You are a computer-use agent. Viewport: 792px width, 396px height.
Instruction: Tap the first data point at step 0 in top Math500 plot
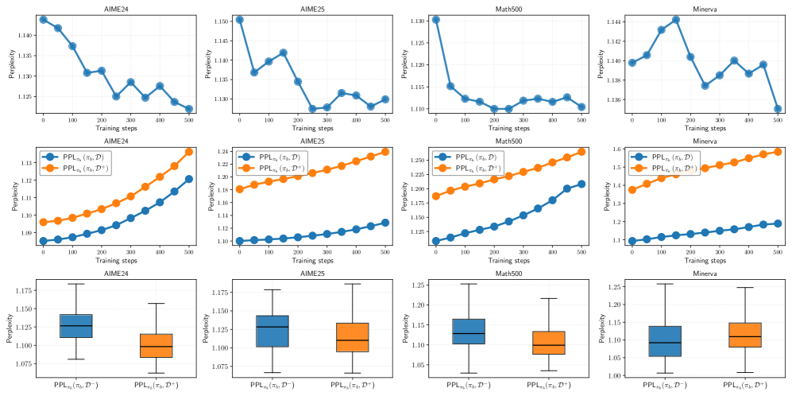coord(435,19)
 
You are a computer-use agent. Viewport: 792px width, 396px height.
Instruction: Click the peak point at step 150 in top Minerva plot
coord(675,19)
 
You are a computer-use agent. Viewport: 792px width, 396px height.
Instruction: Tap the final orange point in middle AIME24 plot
coord(189,151)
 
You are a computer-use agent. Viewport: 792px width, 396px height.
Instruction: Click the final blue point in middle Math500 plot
coord(581,184)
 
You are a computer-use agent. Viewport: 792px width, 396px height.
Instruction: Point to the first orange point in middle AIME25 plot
coord(239,189)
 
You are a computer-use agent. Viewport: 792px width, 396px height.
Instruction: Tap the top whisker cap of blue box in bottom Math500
coord(469,284)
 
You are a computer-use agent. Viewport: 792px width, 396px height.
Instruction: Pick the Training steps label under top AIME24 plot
coord(117,127)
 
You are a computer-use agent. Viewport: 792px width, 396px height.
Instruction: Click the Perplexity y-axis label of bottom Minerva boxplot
coord(597,328)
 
